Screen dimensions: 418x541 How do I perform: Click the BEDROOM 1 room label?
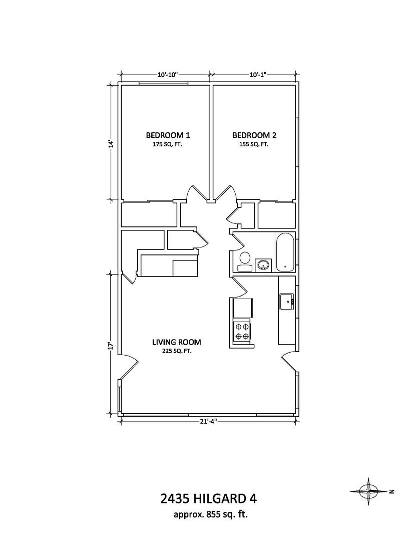click(168, 135)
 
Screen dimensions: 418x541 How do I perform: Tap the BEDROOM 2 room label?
click(254, 135)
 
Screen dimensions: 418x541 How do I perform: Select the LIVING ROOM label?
click(177, 342)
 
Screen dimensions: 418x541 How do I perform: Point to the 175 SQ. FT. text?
click(167, 145)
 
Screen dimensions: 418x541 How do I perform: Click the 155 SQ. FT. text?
click(254, 145)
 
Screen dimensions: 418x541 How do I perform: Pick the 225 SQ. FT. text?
click(177, 351)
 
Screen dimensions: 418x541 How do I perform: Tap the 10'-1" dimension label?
click(258, 75)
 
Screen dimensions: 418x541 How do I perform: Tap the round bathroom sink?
click(263, 265)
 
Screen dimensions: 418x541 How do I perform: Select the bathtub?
click(285, 252)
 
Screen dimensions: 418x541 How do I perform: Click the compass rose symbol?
click(368, 491)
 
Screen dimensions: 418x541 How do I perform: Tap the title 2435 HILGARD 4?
click(209, 498)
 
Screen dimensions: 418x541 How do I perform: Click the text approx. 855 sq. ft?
click(211, 515)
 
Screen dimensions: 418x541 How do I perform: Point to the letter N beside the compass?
click(391, 492)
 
